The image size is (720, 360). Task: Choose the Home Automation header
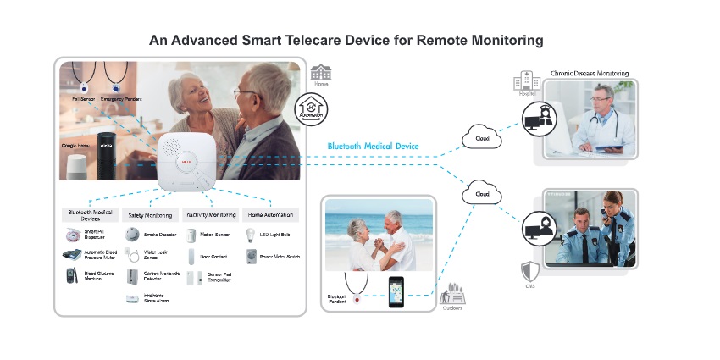coord(269,215)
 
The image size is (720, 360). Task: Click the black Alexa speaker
coord(106,146)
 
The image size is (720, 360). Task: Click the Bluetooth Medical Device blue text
coord(373,147)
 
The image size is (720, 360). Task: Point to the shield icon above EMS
coord(529,271)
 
